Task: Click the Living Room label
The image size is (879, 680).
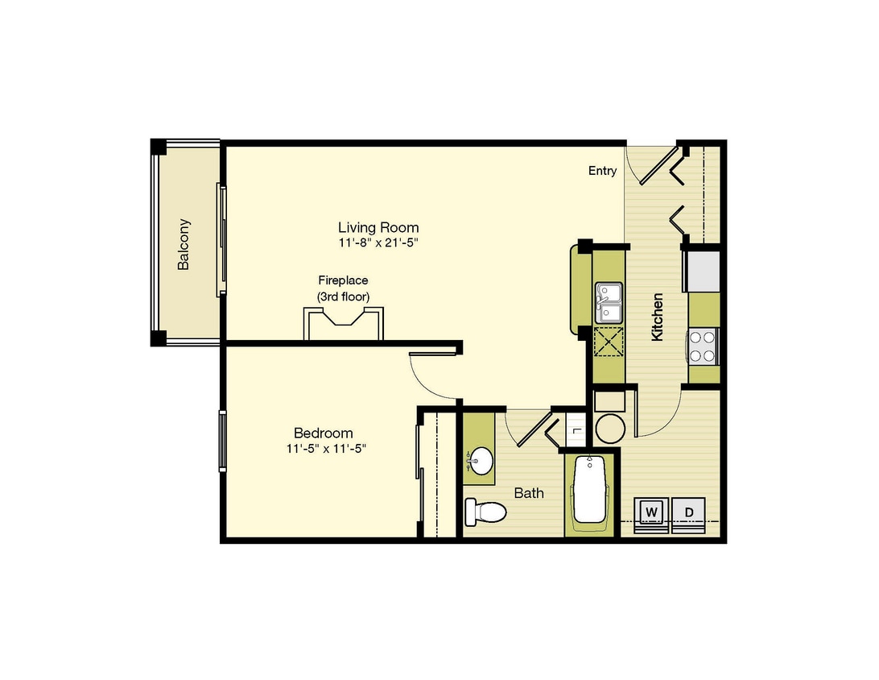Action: pos(378,227)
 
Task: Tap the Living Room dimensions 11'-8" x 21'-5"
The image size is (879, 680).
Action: pos(378,243)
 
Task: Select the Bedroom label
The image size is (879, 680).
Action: pos(324,433)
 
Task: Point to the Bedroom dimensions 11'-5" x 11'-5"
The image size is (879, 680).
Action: pos(326,448)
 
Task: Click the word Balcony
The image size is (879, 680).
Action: pos(184,244)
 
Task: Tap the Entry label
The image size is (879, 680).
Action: pos(603,171)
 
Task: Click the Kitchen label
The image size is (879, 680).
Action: pos(657,317)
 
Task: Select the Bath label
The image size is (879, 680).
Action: pos(529,493)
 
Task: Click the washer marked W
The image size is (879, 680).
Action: pos(651,512)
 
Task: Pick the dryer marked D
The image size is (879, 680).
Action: pos(689,512)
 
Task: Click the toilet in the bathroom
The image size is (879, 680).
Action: pos(485,512)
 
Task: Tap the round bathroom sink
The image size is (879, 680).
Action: pos(480,461)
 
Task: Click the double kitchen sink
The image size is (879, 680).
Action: pos(609,303)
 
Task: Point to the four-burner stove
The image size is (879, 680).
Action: pos(703,346)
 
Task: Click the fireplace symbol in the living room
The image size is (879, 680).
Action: pos(343,323)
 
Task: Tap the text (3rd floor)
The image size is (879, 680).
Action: pos(343,296)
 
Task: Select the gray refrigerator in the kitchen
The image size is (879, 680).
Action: pos(701,271)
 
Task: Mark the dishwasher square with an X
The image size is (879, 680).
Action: pos(609,342)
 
